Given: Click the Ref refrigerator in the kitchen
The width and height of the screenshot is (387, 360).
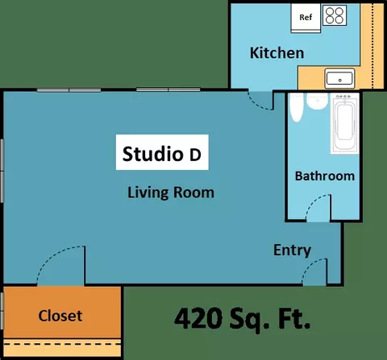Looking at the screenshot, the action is pos(306,19).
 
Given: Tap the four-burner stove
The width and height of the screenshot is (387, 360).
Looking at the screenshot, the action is pos(335,15).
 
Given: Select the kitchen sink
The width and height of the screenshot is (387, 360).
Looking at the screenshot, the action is pos(339,78).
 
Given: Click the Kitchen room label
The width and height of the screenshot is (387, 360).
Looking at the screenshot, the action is pos(277,53).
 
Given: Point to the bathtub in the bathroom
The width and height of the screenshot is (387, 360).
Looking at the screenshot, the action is pos(345,123).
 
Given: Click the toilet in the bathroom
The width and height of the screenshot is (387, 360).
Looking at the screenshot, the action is pos(297,107).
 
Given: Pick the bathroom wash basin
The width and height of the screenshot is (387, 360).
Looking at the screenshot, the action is pos(318,101).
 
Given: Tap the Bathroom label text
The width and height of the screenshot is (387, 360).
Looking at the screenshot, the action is pos(325,176).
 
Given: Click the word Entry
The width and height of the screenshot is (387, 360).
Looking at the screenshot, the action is pos(293,250).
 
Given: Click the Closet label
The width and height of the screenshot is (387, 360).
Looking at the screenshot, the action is pos(60,316).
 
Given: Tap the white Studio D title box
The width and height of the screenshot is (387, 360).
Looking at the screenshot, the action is pos(162,152).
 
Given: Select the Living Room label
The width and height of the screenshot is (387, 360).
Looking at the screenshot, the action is pos(171,192).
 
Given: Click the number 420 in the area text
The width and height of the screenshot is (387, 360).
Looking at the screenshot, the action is pos(198,319).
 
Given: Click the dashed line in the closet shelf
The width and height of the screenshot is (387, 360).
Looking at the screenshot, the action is pos(62,344).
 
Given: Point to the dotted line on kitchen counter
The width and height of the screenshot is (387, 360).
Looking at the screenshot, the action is pos(372,46).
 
